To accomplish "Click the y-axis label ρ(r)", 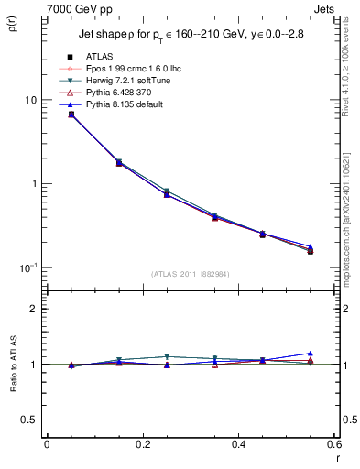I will tap(13, 23).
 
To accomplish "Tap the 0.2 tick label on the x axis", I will tap(142, 443).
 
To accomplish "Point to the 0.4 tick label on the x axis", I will tap(238, 443).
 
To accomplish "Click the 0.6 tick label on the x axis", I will tap(333, 443).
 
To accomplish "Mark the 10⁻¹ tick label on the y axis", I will tap(29, 267).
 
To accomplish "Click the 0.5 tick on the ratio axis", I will tap(30, 420).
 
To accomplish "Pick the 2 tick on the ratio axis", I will tap(34, 309).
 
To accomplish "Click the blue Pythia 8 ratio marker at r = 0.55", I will tap(311, 354).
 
